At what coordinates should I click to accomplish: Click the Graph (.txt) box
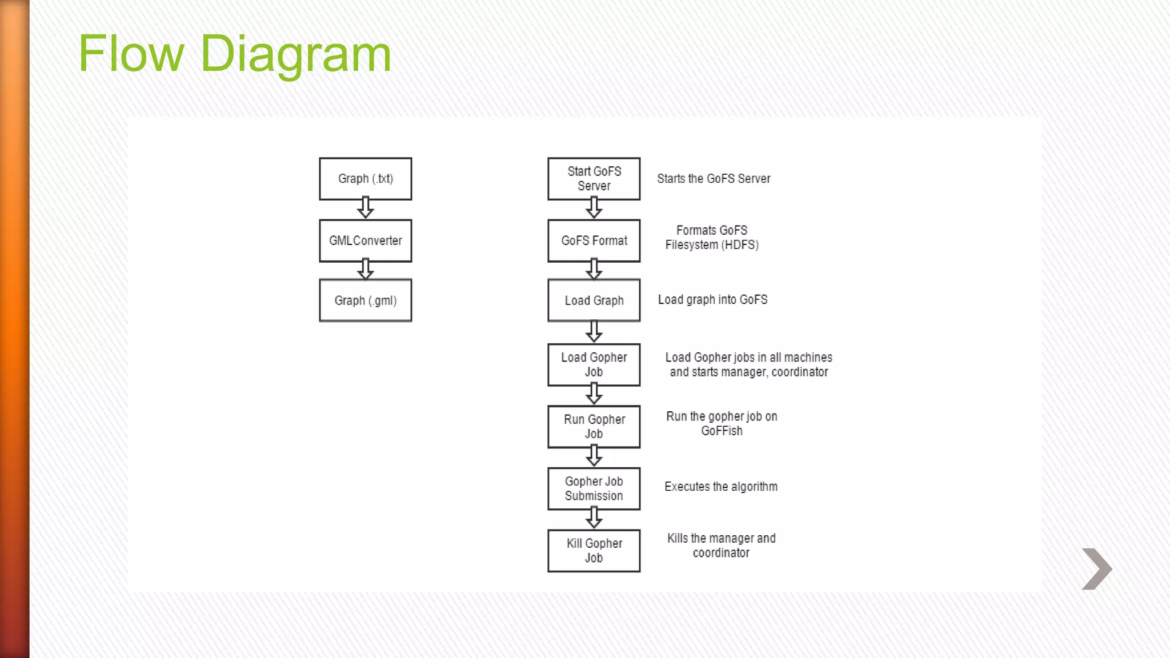click(x=365, y=179)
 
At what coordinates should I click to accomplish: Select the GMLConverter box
click(x=365, y=240)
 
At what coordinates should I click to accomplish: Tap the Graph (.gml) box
click(x=365, y=300)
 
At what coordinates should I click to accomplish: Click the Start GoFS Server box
click(x=594, y=179)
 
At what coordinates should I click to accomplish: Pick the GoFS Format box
click(x=594, y=240)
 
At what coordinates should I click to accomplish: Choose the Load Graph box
click(x=594, y=300)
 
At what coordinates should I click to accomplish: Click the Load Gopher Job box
click(x=594, y=364)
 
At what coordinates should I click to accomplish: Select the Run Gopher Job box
click(x=594, y=427)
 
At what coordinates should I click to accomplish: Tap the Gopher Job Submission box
click(x=594, y=488)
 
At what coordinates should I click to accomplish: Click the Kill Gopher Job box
click(x=594, y=551)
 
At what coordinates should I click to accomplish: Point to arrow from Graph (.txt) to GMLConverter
click(x=366, y=208)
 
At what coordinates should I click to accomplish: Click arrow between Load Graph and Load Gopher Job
click(x=594, y=331)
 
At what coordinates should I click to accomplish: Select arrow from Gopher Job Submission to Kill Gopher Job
click(x=594, y=517)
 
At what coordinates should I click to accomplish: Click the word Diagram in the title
click(x=295, y=54)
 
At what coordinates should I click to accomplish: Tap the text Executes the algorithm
click(x=720, y=487)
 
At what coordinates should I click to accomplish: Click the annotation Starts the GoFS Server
click(x=714, y=179)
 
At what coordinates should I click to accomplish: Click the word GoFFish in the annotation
click(x=722, y=431)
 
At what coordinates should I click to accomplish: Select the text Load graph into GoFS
click(x=712, y=300)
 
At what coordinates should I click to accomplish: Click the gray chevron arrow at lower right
click(x=1097, y=569)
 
